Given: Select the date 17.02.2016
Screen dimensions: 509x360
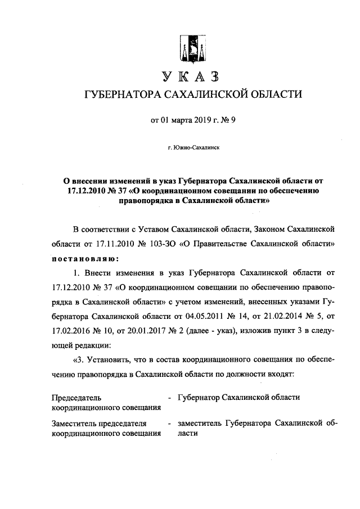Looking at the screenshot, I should point(71,331).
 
